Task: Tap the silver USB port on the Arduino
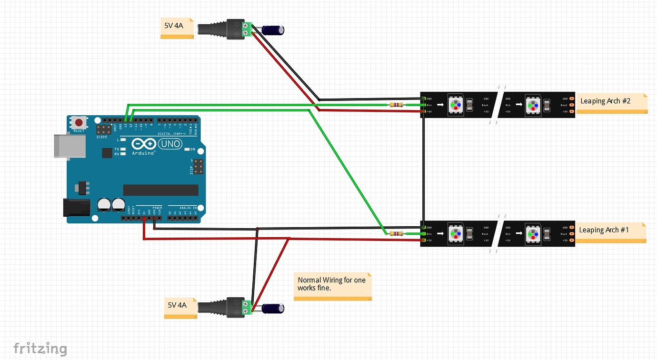pyautogui.click(x=70, y=145)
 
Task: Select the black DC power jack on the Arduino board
pyautogui.click(x=76, y=208)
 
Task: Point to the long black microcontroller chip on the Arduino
pyautogui.click(x=160, y=190)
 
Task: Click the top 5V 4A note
pyautogui.click(x=177, y=28)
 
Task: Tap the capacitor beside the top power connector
pyautogui.click(x=274, y=30)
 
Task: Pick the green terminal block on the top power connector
pyautogui.click(x=247, y=29)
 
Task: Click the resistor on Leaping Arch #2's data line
pyautogui.click(x=396, y=105)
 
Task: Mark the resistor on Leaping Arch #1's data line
pyautogui.click(x=396, y=233)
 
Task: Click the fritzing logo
pyautogui.click(x=40, y=348)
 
